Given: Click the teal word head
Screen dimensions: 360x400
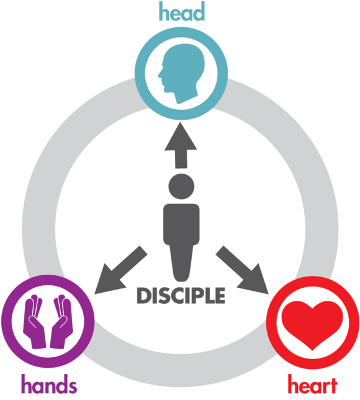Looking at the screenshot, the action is pos(182,12).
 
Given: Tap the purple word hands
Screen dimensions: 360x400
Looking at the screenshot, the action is pos(49,384).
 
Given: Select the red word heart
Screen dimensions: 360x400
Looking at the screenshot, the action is pos(312,384).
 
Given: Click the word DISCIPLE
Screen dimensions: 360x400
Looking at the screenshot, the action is pos(181,295).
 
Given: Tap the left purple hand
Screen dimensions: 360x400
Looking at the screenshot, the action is pos(35,322).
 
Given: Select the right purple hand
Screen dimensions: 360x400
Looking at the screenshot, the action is pos(61,322).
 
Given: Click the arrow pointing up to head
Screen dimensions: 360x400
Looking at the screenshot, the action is pos(181,145).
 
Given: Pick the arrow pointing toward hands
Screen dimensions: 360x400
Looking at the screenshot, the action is pos(121,270).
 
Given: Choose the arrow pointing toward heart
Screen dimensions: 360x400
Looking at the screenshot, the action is pos(242,270).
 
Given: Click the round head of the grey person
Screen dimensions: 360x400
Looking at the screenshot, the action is pos(181,187).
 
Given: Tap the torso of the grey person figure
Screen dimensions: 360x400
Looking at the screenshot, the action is pos(181,224).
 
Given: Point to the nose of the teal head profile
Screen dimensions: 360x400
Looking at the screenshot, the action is pos(160,75).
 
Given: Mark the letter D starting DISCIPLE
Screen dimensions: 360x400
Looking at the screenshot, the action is pos(144,295).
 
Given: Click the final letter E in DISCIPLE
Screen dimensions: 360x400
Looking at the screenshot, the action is pos(220,295).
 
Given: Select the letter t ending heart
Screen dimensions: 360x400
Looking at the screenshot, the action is pos(333,385).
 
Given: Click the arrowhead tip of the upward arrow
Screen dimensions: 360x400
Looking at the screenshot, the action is pos(180,122).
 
